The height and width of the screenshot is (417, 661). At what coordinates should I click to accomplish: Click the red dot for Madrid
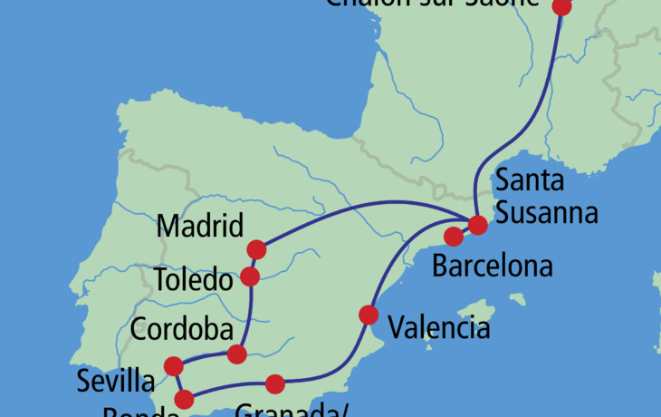256,249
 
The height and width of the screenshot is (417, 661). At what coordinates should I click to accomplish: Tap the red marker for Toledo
251,276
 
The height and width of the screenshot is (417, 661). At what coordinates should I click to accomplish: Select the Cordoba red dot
237,354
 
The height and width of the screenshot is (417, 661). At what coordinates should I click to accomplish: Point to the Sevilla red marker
174,366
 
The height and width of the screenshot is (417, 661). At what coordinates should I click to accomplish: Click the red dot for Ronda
184,399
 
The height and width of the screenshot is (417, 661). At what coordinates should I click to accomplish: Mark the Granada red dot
274,384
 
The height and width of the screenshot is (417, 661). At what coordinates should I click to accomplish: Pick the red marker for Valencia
369,315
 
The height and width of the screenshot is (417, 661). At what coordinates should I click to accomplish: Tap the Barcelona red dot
454,237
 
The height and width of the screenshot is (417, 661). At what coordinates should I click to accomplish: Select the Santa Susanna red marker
476,224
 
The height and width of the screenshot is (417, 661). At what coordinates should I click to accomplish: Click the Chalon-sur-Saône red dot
562,6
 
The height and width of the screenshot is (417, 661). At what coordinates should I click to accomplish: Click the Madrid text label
200,226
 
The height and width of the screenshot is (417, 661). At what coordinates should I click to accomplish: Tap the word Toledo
193,280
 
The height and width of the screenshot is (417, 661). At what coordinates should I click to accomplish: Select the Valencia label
438,326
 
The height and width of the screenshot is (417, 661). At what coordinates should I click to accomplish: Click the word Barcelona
492,267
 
